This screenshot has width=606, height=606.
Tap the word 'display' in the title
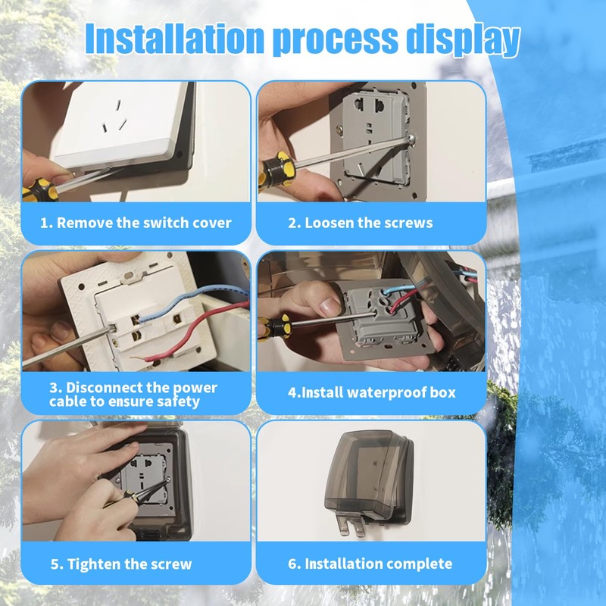pyautogui.click(x=463, y=40)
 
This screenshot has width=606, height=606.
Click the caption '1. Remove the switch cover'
pyautogui.click(x=136, y=223)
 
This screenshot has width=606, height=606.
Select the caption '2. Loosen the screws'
pyautogui.click(x=361, y=223)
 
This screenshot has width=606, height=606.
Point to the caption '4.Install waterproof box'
pyautogui.click(x=371, y=392)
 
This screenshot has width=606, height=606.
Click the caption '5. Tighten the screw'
pyautogui.click(x=121, y=564)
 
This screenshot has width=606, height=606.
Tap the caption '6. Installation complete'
pyautogui.click(x=370, y=564)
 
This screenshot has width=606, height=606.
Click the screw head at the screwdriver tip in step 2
pyautogui.click(x=411, y=138)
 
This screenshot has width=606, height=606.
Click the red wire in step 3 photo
pyautogui.click(x=193, y=335)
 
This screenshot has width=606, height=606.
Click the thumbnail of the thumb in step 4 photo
pyautogui.click(x=330, y=307)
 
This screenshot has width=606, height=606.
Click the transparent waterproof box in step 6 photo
pyautogui.click(x=369, y=478)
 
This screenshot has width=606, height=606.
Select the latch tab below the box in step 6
pyautogui.click(x=351, y=523)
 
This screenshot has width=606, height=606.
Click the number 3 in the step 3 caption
pyautogui.click(x=53, y=388)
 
